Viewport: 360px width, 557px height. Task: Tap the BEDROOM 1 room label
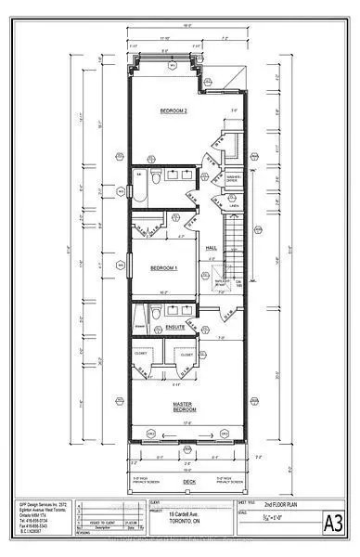click(x=163, y=269)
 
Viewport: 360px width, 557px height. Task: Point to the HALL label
click(x=211, y=248)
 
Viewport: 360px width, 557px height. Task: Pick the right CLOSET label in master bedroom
click(x=186, y=355)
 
